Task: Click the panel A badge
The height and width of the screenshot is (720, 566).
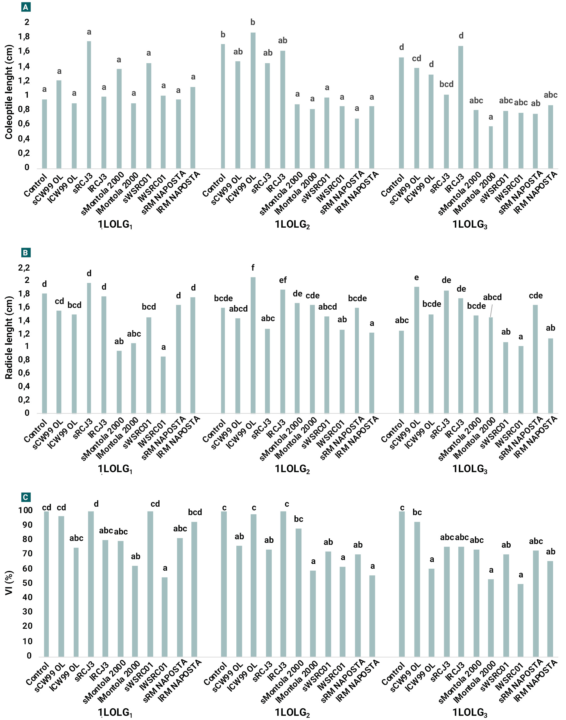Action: (x=26, y=7)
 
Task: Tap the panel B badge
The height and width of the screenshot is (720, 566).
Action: (x=26, y=253)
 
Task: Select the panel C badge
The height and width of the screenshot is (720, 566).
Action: (x=26, y=497)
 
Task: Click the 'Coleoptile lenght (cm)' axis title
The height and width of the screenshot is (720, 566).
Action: (x=9, y=92)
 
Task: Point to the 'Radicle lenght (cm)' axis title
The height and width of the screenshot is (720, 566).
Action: (x=9, y=338)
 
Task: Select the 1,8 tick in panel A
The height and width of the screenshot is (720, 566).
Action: (x=24, y=36)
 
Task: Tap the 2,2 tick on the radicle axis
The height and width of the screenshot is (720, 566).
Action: (x=24, y=268)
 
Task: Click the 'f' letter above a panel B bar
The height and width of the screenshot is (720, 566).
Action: (x=253, y=268)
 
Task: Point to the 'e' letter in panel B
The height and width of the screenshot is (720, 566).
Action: (x=416, y=277)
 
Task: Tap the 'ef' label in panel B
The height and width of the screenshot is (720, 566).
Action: (x=283, y=280)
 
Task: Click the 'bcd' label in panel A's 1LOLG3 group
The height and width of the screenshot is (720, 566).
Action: (x=446, y=84)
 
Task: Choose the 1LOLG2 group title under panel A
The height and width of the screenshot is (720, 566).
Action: (x=292, y=225)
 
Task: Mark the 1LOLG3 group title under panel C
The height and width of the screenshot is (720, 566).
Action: (x=470, y=712)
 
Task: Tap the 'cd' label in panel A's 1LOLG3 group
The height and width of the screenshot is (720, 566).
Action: (x=416, y=59)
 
